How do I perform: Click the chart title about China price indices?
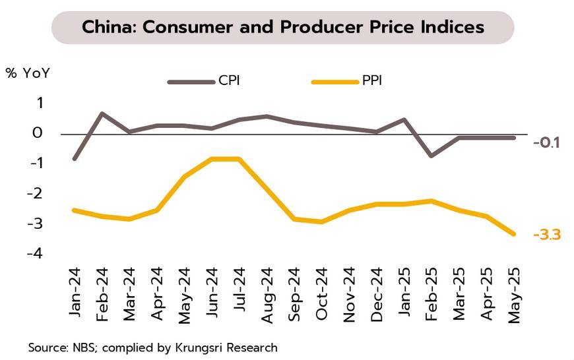point(283,28)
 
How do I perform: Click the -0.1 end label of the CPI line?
point(546,142)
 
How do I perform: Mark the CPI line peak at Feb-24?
point(102,113)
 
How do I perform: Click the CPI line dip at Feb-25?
point(431,156)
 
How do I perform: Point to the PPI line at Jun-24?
point(212,159)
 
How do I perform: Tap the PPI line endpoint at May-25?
point(513,233)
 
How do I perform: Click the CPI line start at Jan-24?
point(75,159)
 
